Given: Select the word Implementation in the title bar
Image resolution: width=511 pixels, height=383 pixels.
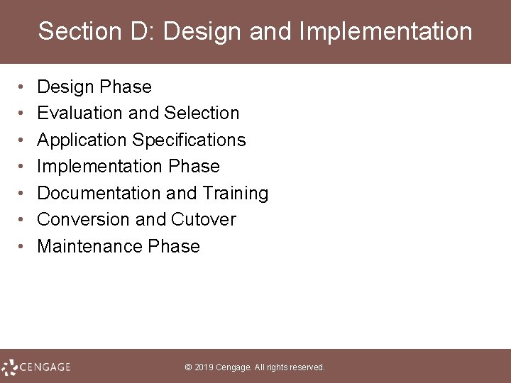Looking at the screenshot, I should point(386,32).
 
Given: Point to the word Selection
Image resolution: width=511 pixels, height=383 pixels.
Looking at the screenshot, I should point(202,113).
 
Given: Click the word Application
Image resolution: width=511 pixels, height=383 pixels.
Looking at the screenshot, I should point(82,140).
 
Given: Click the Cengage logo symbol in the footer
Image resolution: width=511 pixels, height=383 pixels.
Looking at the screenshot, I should point(10,367).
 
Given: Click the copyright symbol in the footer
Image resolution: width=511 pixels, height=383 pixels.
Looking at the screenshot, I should point(188,367).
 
